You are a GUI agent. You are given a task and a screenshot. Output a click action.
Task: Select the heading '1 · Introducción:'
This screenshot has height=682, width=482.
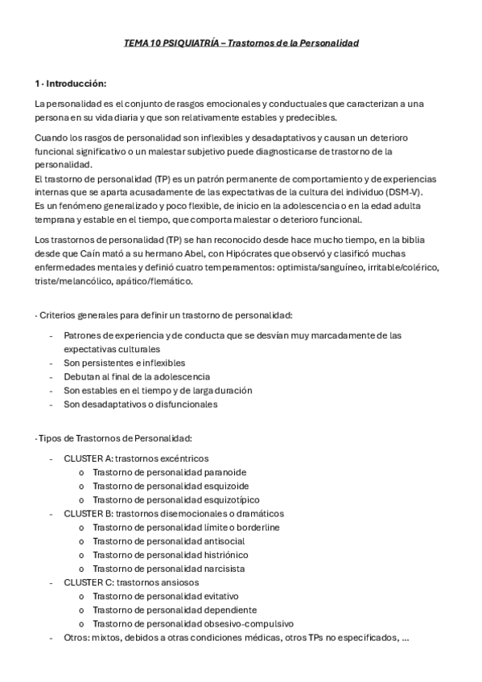coord(71,84)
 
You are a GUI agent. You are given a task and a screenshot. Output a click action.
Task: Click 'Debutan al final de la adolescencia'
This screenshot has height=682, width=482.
coord(137,376)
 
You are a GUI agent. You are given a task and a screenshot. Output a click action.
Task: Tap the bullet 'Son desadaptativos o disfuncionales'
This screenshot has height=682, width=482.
coord(140,404)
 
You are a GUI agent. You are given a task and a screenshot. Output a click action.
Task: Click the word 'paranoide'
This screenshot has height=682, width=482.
coord(226,472)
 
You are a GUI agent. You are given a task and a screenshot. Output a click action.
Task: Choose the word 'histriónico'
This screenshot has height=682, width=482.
coord(229,554)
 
